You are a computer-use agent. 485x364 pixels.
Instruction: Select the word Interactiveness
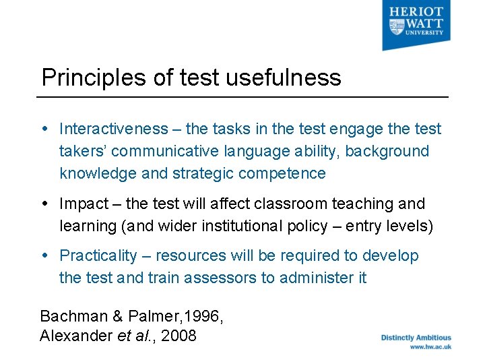pos(113,129)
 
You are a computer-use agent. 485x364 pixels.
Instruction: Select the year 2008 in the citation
pos(179,336)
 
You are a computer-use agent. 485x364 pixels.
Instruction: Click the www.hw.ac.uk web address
pos(430,346)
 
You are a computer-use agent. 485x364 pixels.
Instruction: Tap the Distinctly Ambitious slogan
pos(416,338)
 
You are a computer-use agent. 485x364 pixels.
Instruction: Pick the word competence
pos(284,173)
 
